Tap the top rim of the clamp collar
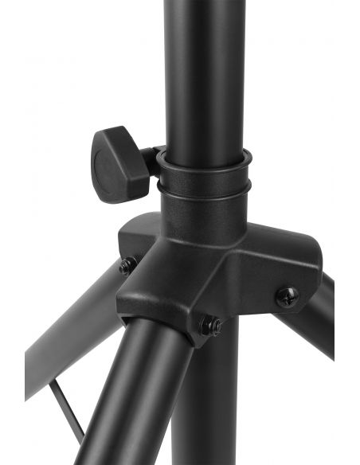[x=203, y=154]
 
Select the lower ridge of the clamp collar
[x=203, y=189]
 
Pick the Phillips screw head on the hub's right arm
[x=287, y=297]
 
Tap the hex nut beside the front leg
[x=210, y=325]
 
